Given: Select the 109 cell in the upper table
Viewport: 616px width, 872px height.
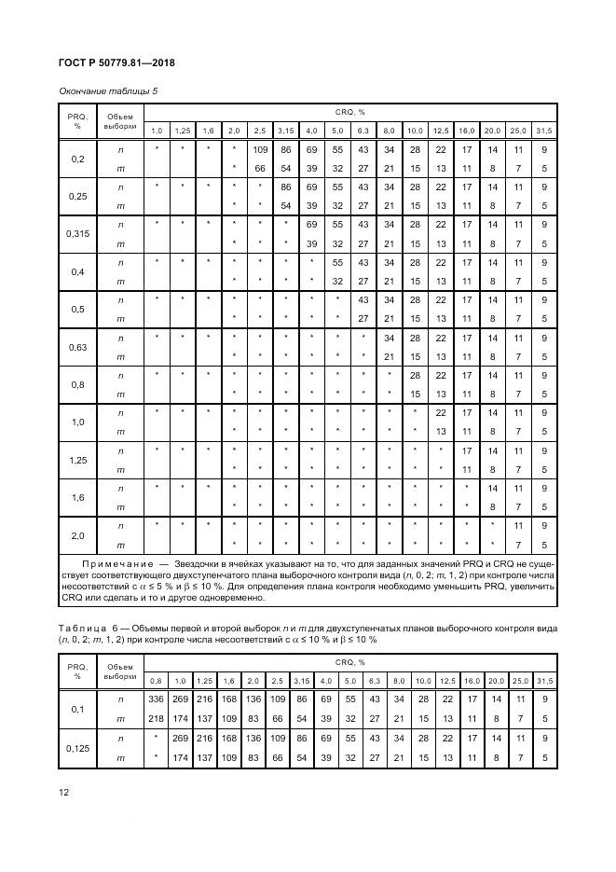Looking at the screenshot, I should tap(260, 149).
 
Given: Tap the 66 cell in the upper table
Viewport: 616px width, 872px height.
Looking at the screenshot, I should tap(260, 167).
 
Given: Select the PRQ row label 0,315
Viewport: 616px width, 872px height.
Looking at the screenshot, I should tap(77, 234).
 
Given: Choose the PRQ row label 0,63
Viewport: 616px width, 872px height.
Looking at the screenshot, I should tap(77, 347).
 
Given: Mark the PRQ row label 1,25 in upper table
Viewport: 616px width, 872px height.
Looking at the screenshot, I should tap(77, 460).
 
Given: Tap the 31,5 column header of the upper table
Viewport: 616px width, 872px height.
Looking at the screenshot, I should tap(544, 130).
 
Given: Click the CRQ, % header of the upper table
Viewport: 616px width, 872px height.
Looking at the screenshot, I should tap(349, 110).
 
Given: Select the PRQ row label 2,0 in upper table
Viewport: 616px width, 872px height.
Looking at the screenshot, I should tap(77, 535).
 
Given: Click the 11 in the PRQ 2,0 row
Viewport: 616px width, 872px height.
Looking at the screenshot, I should tap(519, 526).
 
